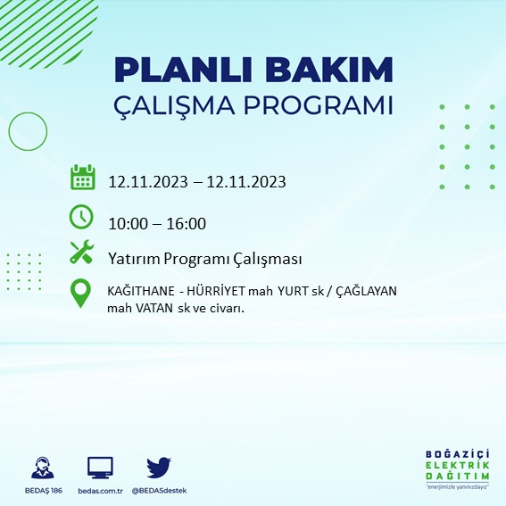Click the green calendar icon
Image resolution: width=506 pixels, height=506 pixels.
click(83, 177)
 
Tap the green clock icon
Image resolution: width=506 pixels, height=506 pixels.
click(81, 216)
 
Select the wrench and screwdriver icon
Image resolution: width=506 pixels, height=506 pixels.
click(82, 253)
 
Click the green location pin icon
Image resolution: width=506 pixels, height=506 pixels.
click(81, 293)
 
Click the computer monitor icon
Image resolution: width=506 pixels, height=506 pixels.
click(100, 468)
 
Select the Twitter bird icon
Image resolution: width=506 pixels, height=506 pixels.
click(158, 467)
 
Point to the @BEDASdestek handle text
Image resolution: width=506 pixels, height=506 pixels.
click(159, 491)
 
